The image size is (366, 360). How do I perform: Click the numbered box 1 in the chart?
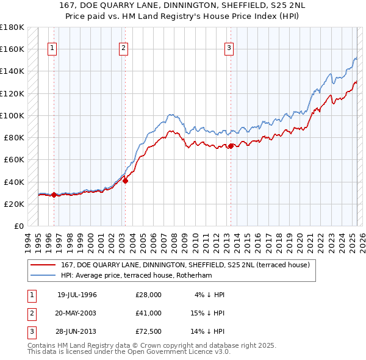click(52, 49)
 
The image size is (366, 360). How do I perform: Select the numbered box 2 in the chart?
click(123, 49)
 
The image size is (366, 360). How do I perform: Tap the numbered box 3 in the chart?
click(229, 49)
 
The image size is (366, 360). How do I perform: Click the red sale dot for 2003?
click(125, 181)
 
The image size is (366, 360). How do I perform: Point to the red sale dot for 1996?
click(54, 195)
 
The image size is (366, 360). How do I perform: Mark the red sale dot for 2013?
click(231, 146)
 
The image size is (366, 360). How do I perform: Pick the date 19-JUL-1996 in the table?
click(77, 295)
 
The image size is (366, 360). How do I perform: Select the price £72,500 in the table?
click(149, 333)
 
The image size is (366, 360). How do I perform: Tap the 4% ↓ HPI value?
click(210, 295)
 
